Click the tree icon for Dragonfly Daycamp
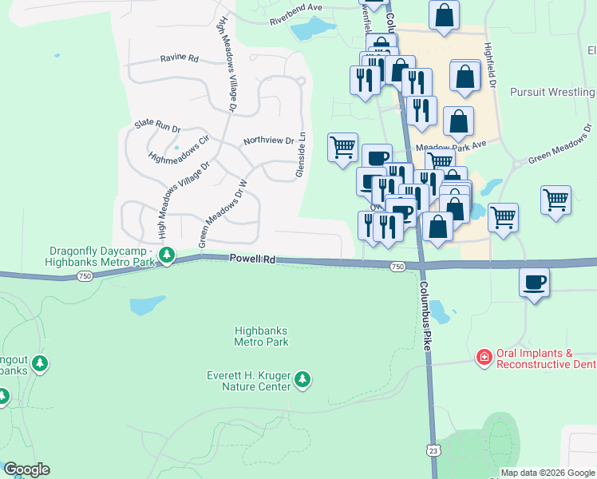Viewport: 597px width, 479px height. [x=166, y=255]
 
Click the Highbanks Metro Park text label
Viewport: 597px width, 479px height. [x=261, y=336]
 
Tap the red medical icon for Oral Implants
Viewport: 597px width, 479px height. [x=484, y=357]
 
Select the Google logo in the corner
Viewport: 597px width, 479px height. [x=26, y=469]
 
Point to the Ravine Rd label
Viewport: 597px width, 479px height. [x=179, y=58]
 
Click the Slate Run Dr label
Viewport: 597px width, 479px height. [x=157, y=126]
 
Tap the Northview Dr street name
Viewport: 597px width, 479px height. [x=269, y=141]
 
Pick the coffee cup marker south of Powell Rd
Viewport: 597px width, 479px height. [x=534, y=281]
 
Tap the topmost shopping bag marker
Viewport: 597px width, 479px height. [x=444, y=14]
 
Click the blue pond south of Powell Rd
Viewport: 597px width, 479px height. [x=147, y=305]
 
